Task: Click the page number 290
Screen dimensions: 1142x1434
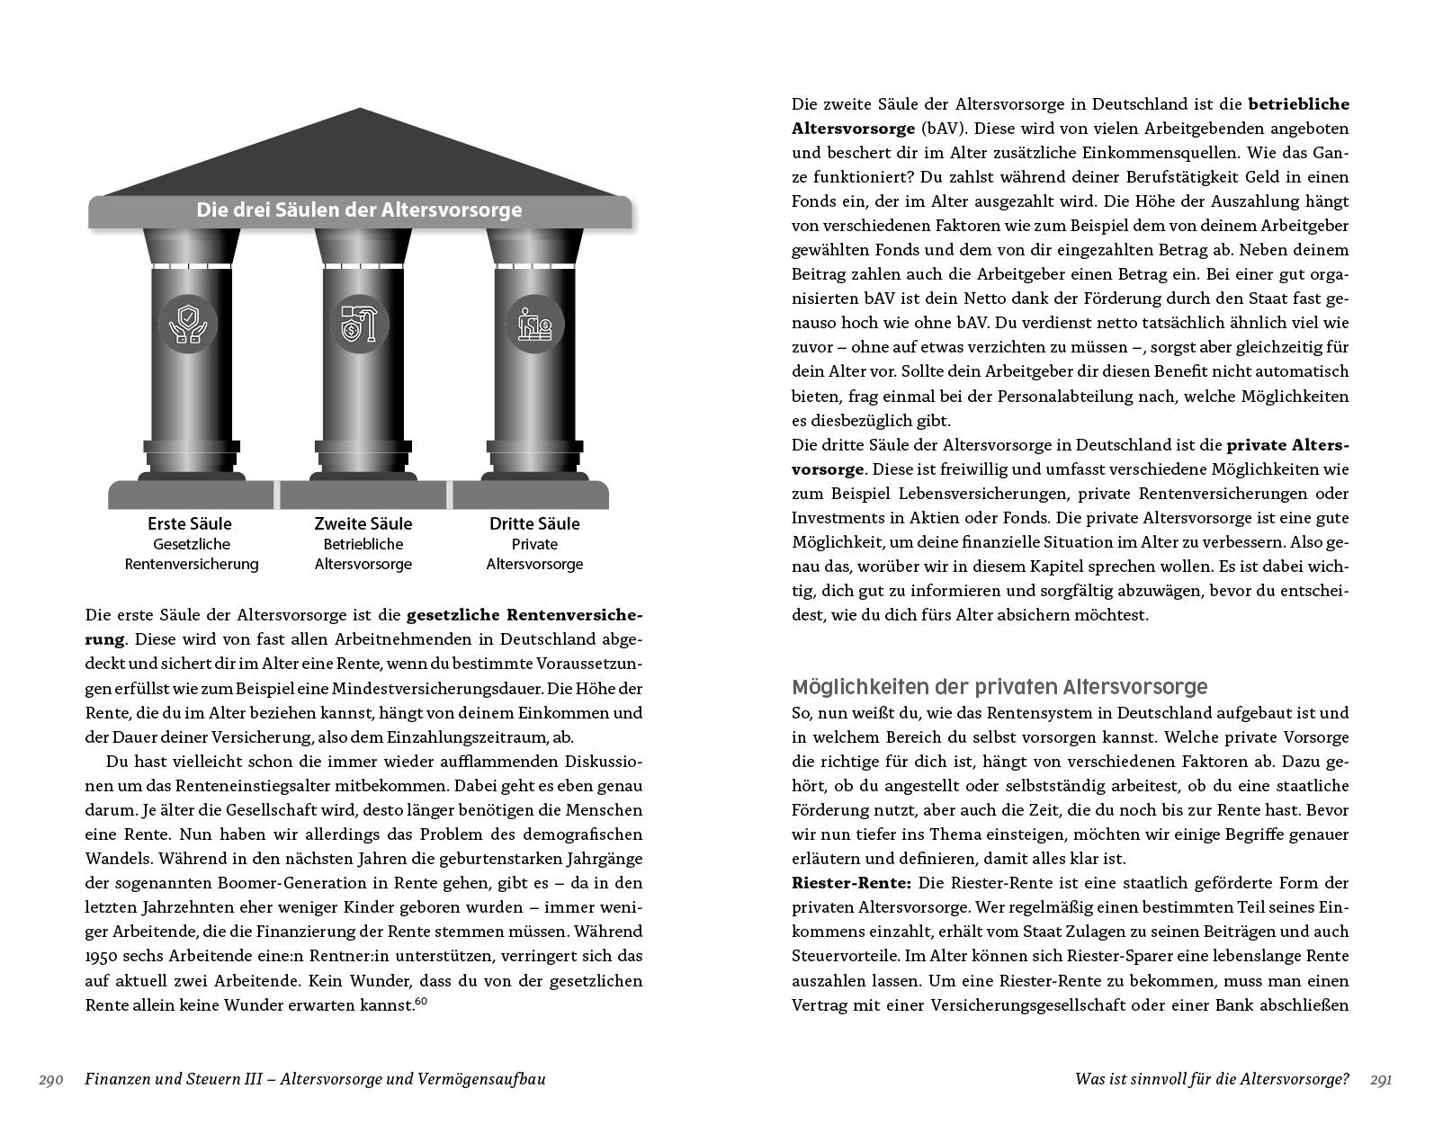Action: (x=50, y=1079)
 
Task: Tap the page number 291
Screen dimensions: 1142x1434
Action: (x=1380, y=1079)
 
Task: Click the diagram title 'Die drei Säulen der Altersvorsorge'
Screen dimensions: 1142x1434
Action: (x=359, y=210)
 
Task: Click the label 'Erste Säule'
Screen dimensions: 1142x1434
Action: (x=190, y=523)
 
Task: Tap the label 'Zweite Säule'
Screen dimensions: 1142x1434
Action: (x=363, y=523)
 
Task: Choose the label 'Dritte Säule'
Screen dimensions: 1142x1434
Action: (x=534, y=523)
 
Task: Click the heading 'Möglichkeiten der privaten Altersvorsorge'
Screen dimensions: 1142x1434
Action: (x=999, y=687)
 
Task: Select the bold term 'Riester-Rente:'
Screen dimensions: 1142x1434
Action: (x=838, y=883)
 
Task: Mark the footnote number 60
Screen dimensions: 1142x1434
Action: (x=420, y=1000)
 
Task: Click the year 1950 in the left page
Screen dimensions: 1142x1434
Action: (x=103, y=956)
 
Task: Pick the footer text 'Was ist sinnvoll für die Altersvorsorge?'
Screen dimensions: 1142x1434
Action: (x=1211, y=1079)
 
